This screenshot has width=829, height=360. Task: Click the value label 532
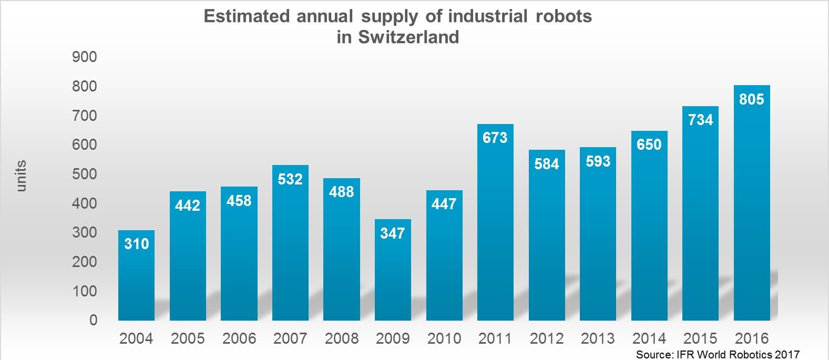[290, 179]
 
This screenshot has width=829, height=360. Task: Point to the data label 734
[700, 120]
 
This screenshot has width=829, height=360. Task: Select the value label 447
[444, 204]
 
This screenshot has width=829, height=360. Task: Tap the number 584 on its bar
[546, 164]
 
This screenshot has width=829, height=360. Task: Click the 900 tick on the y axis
[85, 57]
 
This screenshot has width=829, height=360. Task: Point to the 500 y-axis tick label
[85, 174]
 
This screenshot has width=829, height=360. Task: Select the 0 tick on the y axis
[93, 320]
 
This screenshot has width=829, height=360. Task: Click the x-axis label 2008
[342, 338]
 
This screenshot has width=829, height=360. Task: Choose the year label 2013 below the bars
[598, 338]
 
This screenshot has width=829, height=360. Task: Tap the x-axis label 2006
[239, 338]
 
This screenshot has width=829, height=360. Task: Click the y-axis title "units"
[21, 176]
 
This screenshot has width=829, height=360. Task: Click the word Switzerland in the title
[408, 37]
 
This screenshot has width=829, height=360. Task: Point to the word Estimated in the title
[246, 16]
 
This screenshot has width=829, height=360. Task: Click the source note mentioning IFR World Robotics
[717, 354]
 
